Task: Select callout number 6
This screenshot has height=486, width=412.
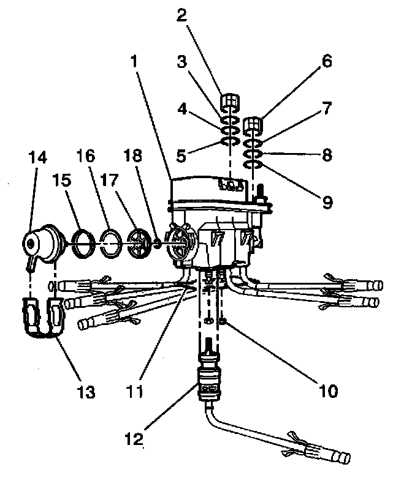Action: click(x=326, y=62)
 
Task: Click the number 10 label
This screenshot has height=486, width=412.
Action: click(x=326, y=389)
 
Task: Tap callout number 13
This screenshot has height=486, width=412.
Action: click(x=86, y=392)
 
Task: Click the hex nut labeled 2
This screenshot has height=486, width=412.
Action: click(x=229, y=100)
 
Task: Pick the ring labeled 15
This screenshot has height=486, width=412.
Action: click(x=82, y=242)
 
